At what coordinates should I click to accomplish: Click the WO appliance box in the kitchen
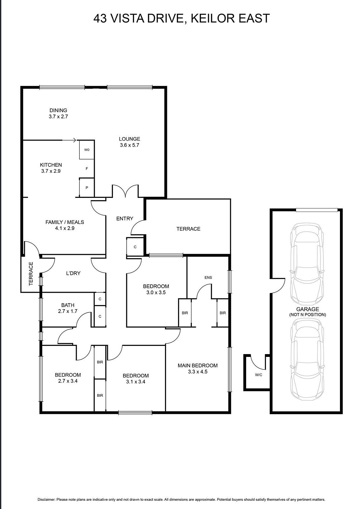pos(87,150)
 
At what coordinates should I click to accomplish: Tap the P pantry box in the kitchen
pos(87,188)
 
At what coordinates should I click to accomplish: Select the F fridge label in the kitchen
pos(87,169)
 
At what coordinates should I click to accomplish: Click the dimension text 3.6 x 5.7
pos(129,145)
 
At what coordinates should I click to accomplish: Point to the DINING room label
pos(58,110)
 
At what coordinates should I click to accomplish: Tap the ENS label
pos(208,277)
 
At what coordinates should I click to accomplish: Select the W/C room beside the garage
pos(258,375)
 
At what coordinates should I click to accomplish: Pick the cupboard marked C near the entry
pos(135,247)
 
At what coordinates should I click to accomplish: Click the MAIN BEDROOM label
pos(197,366)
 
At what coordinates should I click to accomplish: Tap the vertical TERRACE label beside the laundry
pos(31,273)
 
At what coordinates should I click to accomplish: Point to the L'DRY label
pos(73,273)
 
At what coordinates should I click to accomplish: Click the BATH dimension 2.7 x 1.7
pos(67,311)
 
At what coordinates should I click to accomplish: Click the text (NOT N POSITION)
pos(308,315)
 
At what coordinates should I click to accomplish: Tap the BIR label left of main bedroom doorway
pos(185,313)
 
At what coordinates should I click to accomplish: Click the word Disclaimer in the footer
pos(46,500)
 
